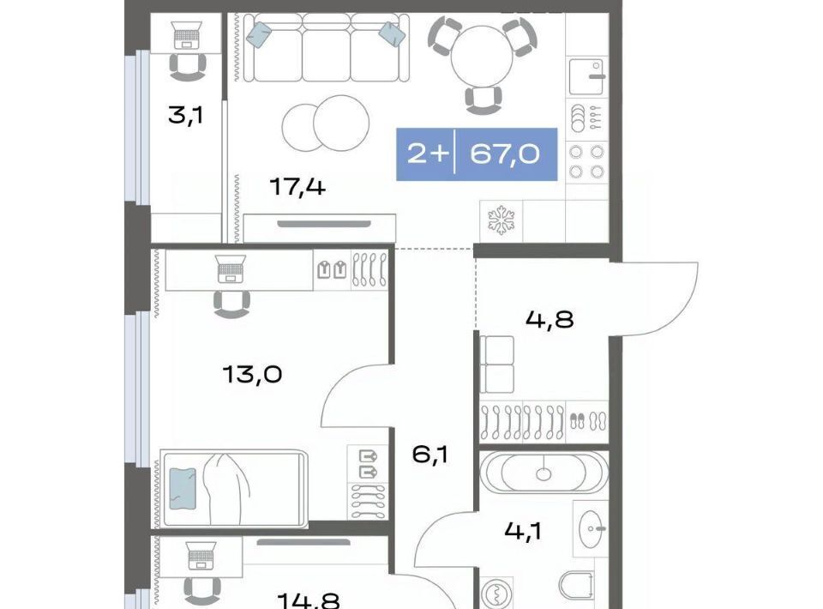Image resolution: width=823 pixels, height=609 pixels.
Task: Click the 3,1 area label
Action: [x=185, y=115]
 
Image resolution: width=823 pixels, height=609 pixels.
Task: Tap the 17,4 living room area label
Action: [x=297, y=186]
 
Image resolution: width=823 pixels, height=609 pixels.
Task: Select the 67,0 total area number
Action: [x=504, y=154]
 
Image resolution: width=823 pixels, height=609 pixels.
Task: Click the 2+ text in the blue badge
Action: [x=429, y=154]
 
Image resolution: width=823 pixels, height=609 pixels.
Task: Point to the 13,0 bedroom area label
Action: [x=252, y=374]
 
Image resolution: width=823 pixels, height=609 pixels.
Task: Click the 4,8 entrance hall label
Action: [x=550, y=319]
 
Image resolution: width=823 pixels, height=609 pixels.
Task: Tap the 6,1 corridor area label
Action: [x=430, y=454]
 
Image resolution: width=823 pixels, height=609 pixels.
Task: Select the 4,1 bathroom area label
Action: [x=523, y=531]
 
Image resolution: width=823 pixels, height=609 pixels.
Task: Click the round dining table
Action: [x=481, y=57]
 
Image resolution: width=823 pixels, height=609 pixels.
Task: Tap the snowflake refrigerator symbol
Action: [x=502, y=220]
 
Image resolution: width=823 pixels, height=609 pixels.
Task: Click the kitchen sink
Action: [x=586, y=76]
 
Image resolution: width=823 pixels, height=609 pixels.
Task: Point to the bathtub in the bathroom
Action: [x=544, y=472]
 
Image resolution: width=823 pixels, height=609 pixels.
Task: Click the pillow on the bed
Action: [x=183, y=489]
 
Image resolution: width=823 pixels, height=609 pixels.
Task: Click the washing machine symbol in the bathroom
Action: [x=495, y=594]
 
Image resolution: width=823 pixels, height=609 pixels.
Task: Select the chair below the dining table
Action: [x=484, y=100]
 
